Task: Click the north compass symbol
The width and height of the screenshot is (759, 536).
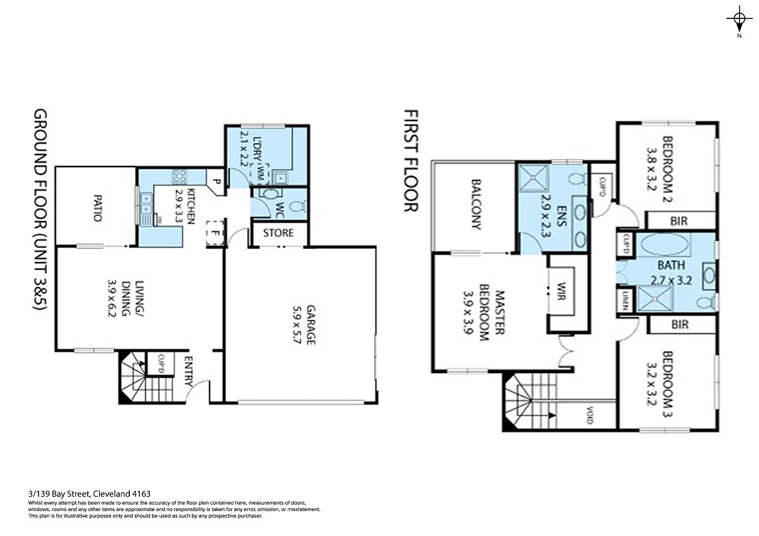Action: pyautogui.click(x=739, y=20)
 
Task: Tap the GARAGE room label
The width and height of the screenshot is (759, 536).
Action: pyautogui.click(x=311, y=325)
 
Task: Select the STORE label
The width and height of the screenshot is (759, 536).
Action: pyautogui.click(x=279, y=233)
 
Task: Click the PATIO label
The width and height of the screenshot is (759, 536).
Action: pyautogui.click(x=96, y=206)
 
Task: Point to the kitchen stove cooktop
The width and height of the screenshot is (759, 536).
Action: pyautogui.click(x=179, y=176)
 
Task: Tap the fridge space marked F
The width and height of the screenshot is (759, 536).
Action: pyautogui.click(x=213, y=233)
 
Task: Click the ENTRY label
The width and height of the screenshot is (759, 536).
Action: pyautogui.click(x=189, y=371)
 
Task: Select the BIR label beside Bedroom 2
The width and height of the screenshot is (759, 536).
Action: pyautogui.click(x=680, y=221)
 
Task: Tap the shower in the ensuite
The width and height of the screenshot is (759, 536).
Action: pyautogui.click(x=536, y=177)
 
